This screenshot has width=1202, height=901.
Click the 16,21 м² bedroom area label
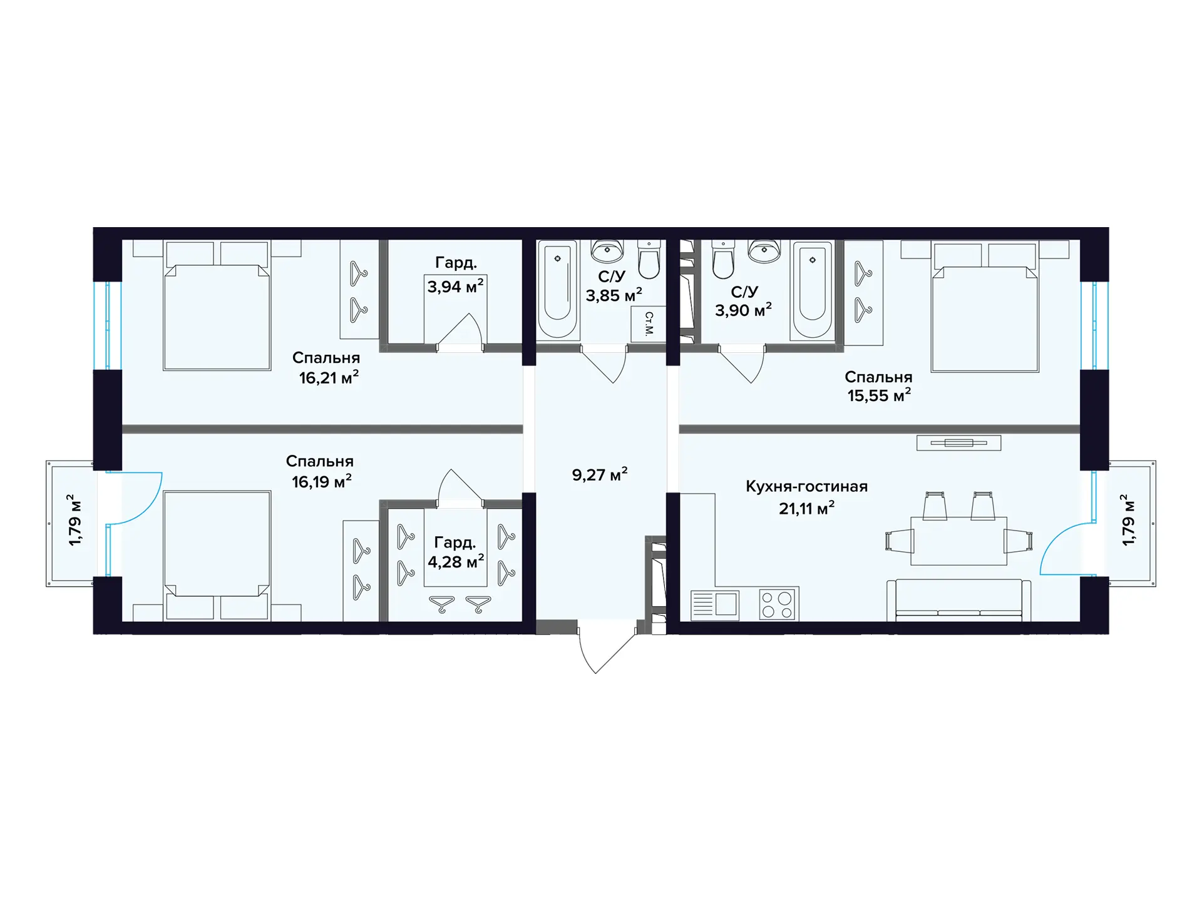pos(329,377)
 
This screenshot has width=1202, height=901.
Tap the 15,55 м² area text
pos(879,395)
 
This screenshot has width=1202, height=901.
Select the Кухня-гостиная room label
pos(806,487)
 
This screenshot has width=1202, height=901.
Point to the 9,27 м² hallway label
pos(599,474)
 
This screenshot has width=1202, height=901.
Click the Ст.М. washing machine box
pos(648,323)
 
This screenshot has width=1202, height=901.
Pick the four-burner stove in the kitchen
pos(778,604)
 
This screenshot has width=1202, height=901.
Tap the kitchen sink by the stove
pos(714,604)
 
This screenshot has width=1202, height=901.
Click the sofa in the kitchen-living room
pos(958,600)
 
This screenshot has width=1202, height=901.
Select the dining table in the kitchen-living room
pos(958,541)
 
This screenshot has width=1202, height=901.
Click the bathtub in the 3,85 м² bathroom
pos(557,289)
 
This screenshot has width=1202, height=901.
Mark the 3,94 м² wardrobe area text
pos(455,287)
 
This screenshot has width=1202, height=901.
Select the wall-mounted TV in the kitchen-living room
pos(958,443)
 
